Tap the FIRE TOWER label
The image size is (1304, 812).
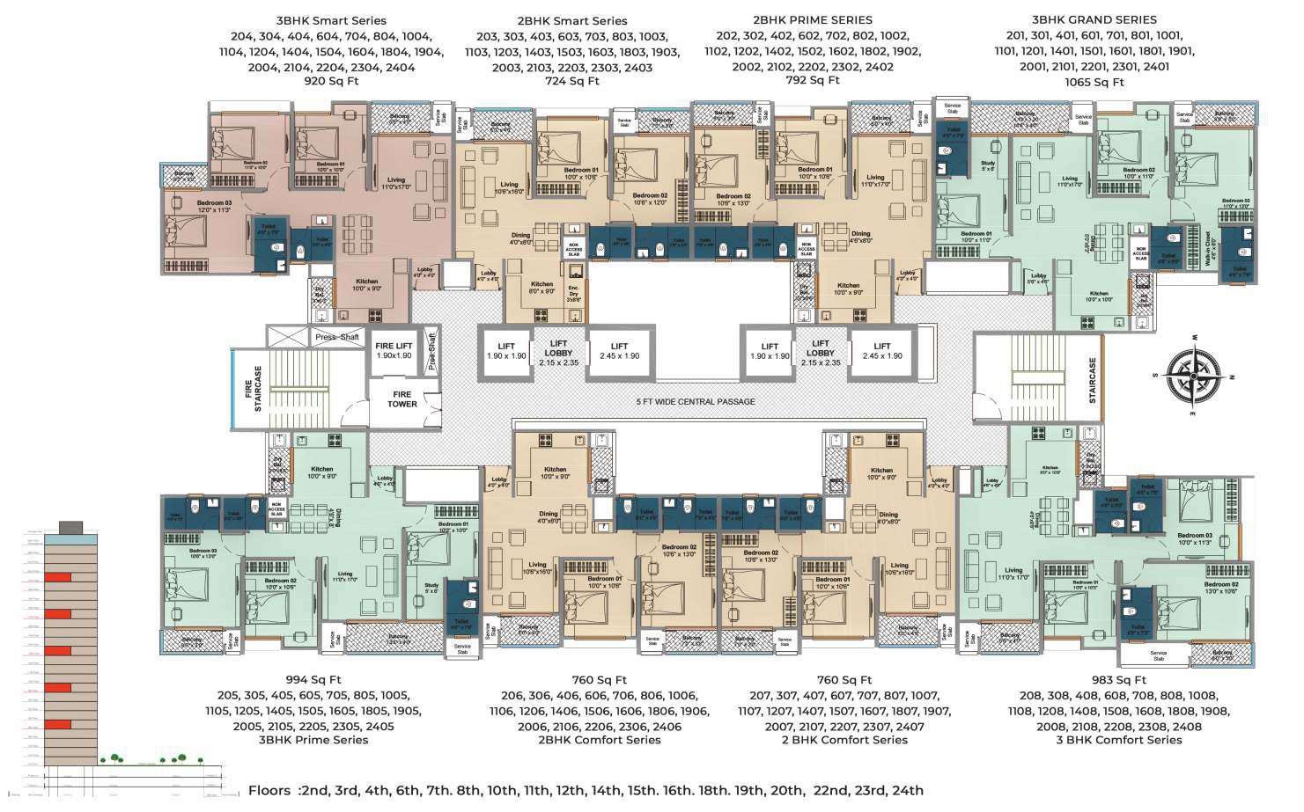(x=402, y=399)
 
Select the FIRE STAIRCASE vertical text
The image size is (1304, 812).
(x=253, y=389)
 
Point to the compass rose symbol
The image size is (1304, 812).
(x=1194, y=376)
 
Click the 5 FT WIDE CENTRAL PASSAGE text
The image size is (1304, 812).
(x=696, y=401)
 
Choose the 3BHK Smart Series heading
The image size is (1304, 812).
(x=331, y=20)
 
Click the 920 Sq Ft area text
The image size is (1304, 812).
(x=331, y=81)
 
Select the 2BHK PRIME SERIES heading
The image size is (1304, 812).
(x=813, y=19)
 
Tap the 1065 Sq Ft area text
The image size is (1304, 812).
(x=1094, y=82)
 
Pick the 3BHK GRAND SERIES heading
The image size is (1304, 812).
(x=1094, y=19)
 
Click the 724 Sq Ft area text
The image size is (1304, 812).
(x=571, y=81)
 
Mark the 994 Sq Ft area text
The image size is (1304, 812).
(x=313, y=680)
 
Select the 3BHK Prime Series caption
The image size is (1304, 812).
(x=313, y=740)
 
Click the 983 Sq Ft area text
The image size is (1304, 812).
(x=1118, y=680)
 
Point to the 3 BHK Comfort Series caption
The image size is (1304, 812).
(x=1118, y=740)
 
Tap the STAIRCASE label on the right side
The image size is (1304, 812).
(x=1093, y=380)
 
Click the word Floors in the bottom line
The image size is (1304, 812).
(x=269, y=790)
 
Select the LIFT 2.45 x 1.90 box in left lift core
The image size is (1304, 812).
(x=619, y=351)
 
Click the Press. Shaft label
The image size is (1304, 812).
(x=337, y=337)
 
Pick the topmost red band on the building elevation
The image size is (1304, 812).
(x=58, y=577)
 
